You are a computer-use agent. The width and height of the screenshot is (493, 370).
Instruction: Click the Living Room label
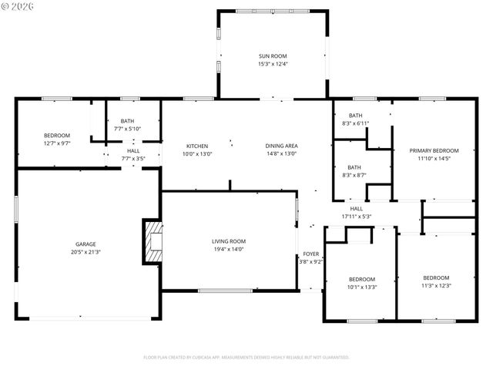point(229,241)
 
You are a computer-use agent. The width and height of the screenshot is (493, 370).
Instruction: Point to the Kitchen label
point(197,146)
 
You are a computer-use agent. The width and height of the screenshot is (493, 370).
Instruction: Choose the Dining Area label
point(281,146)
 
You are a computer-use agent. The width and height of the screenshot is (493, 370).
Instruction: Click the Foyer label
point(310,254)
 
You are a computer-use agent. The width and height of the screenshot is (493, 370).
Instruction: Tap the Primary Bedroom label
point(434,150)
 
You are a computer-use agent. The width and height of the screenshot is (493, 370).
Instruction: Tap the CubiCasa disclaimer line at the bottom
point(246,358)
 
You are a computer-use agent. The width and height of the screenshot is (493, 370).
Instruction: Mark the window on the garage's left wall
point(16,210)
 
